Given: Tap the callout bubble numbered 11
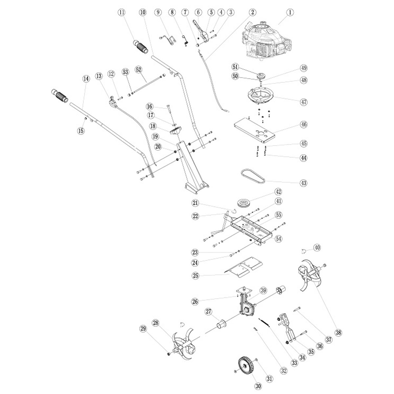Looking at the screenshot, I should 122,12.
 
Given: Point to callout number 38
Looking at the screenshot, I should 338,332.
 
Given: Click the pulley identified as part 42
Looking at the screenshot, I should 244,202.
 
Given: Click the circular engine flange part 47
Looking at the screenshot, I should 260,95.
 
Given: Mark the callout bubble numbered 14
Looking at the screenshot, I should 86,78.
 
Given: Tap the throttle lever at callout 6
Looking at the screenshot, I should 201,31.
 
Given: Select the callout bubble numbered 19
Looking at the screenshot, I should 155,136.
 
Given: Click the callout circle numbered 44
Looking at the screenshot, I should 303,158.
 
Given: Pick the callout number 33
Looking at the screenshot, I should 293,363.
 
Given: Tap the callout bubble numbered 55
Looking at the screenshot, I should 279,215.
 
